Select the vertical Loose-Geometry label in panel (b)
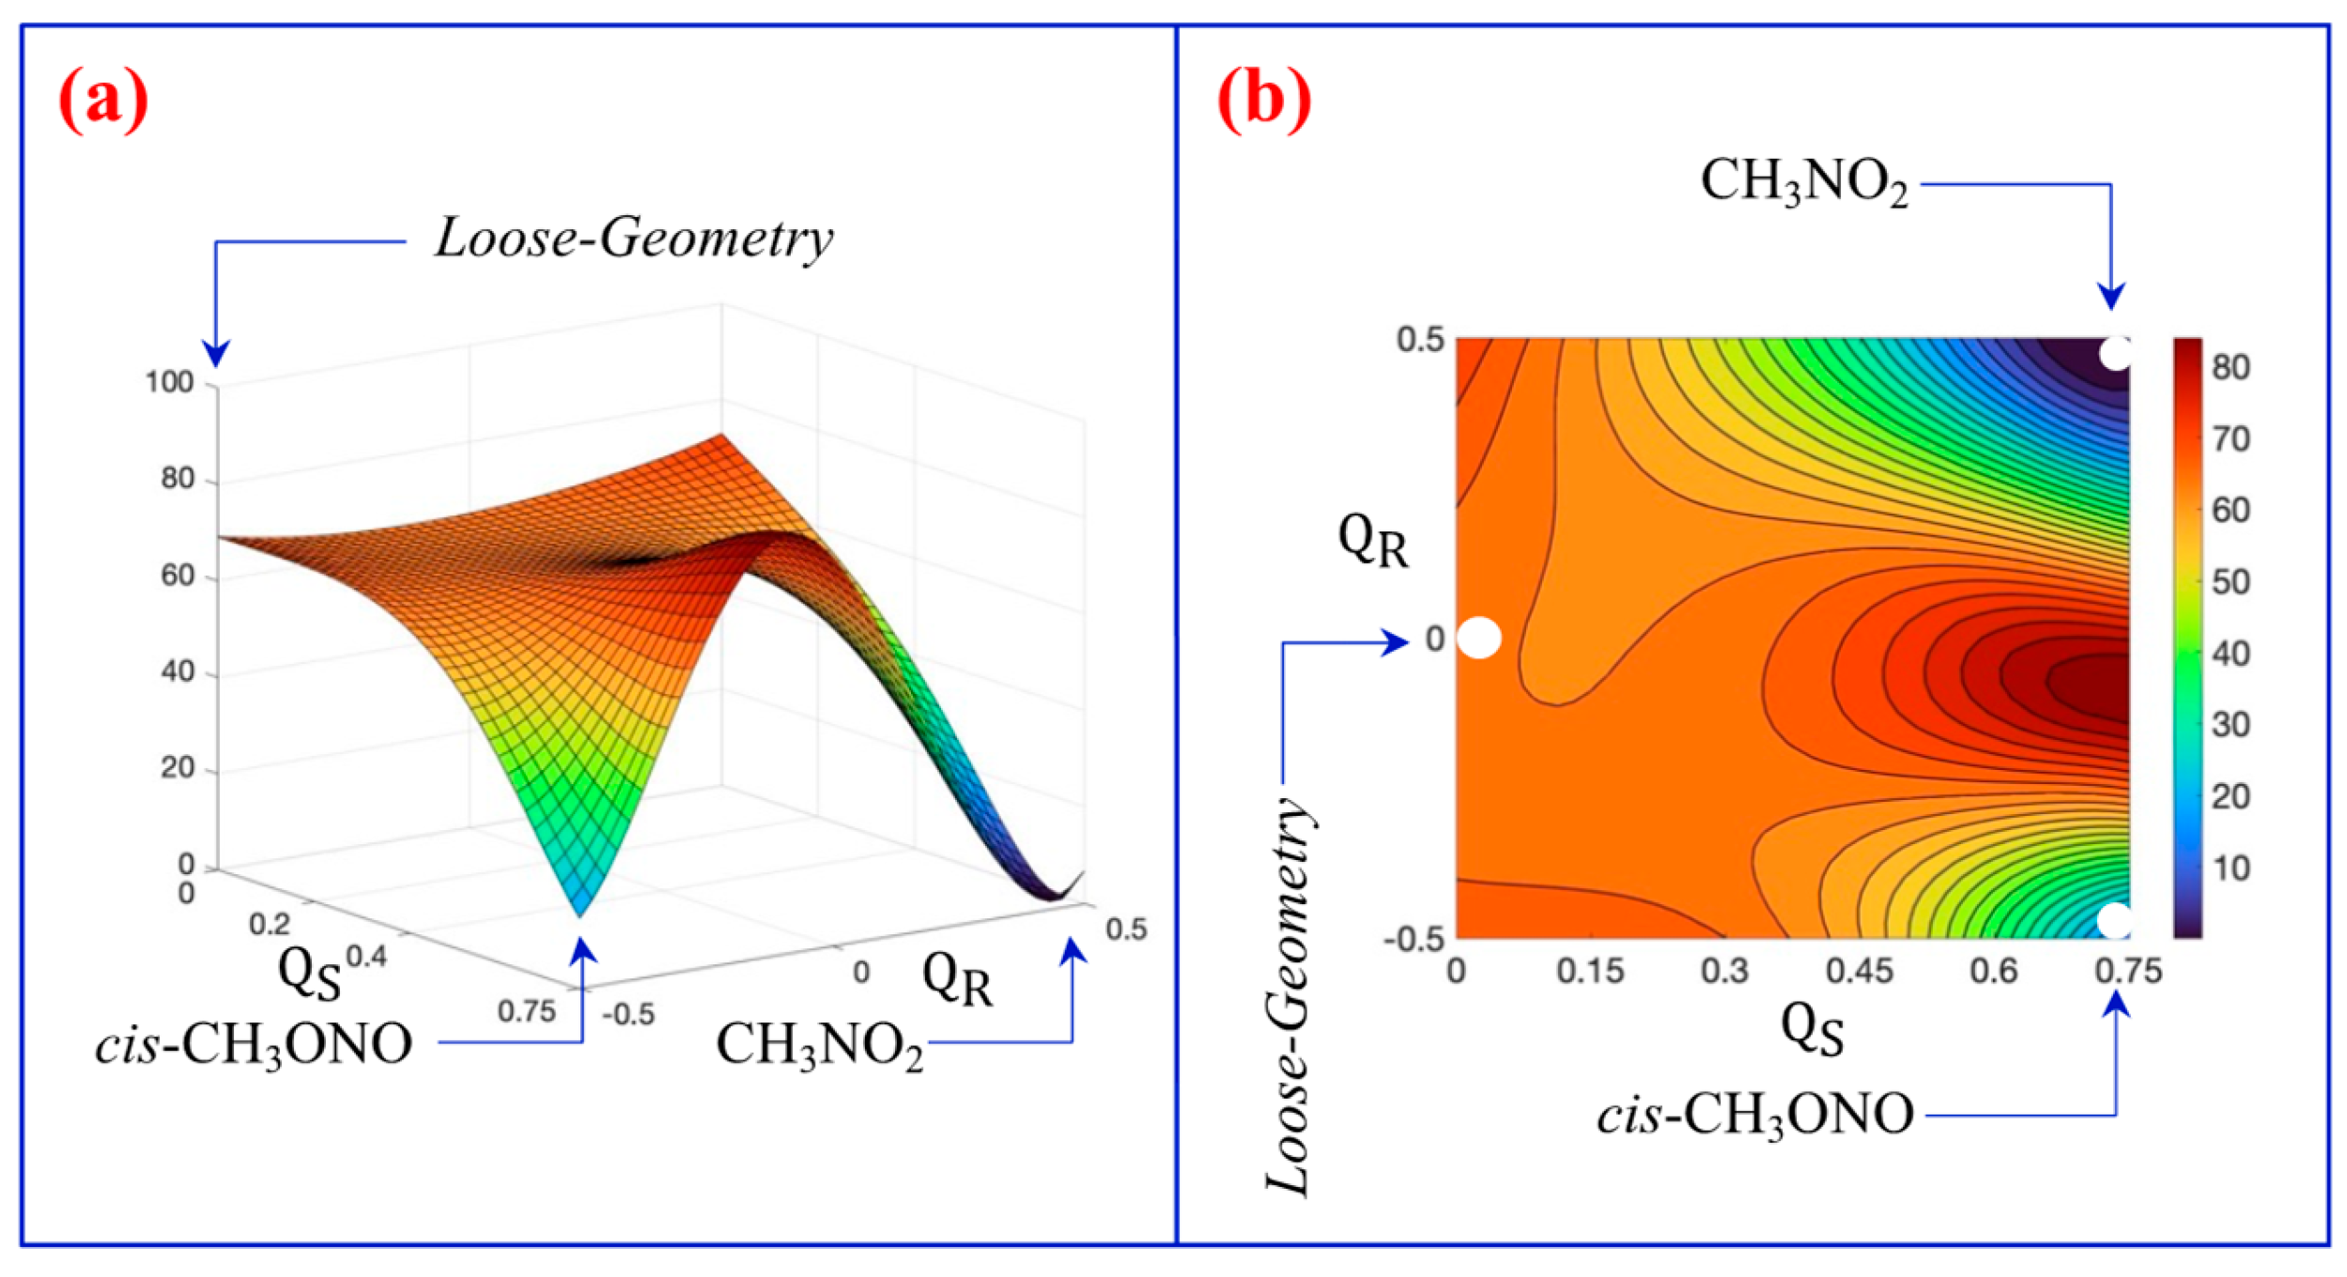point(1288,996)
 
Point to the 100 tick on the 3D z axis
point(169,382)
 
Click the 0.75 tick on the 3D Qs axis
point(527,1011)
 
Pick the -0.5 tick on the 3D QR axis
point(628,1014)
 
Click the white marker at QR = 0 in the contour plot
point(1478,638)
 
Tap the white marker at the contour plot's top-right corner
point(2115,354)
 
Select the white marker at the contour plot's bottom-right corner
point(2114,921)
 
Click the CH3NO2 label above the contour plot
point(1804,182)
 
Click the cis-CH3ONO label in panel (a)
point(254,1043)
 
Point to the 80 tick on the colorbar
point(2231,367)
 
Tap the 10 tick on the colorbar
point(2231,869)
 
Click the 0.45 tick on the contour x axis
point(1859,971)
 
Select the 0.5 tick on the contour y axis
point(1420,339)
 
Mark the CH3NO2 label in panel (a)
point(820,1045)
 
